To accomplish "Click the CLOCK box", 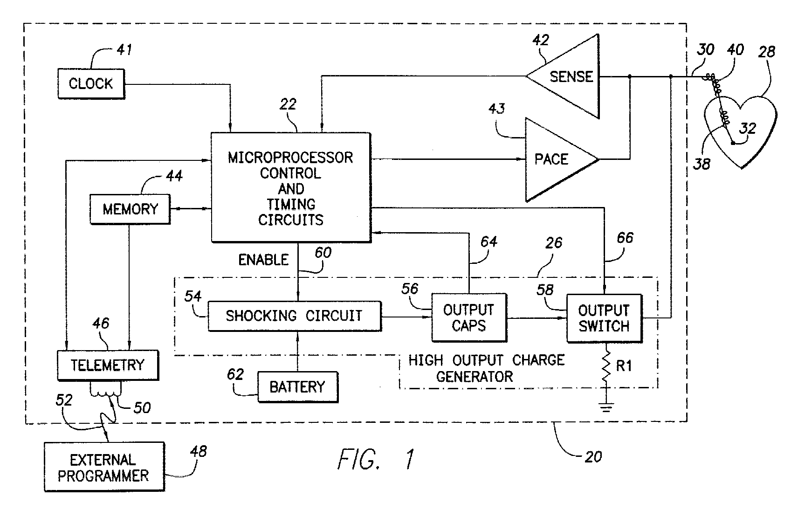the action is (91, 84).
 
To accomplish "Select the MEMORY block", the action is (130, 209).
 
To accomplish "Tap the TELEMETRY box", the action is (108, 365).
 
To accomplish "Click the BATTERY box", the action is (298, 387).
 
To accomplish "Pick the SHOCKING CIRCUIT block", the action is (295, 316).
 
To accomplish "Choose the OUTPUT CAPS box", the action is (469, 317).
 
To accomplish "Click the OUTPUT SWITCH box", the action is (604, 318).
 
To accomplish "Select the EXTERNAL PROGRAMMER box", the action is (104, 467).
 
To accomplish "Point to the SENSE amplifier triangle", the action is (563, 76).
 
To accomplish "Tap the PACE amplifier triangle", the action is (562, 159).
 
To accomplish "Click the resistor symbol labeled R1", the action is (605, 367).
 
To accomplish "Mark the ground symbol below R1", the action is (605, 407).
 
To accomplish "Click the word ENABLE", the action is (263, 260).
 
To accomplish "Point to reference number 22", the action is (288, 104).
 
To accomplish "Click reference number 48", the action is (199, 452).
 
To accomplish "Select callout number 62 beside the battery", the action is (235, 374).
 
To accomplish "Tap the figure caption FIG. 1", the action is (376, 459).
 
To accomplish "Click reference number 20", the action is (593, 457).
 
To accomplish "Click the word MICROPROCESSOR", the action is (290, 158).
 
